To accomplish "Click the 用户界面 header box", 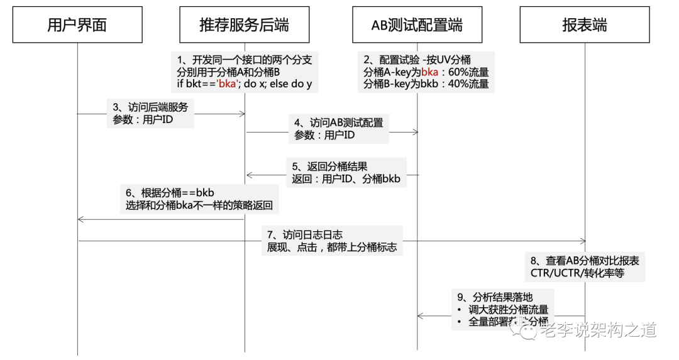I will (77, 25).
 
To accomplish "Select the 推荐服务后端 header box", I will (244, 25).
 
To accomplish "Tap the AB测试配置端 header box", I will (417, 25).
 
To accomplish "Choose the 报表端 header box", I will (585, 25).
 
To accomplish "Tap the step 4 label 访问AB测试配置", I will (339, 122).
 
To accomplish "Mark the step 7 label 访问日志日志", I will (305, 234).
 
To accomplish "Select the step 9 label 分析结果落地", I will (497, 297).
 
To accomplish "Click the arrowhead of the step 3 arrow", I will (241, 114).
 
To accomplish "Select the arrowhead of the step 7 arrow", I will (582, 241).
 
